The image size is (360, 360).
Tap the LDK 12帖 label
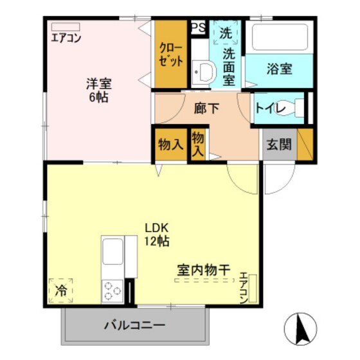[x=156, y=235]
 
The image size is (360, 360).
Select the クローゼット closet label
[x=172, y=55]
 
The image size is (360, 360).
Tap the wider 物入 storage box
[x=170, y=145]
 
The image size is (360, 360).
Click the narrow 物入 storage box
[x=199, y=144]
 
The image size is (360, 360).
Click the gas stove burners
[x=113, y=290]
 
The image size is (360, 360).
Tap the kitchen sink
[x=113, y=252]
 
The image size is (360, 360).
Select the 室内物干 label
[x=203, y=271]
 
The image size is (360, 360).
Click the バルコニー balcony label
[x=134, y=325]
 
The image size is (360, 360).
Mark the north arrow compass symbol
[x=300, y=328]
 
